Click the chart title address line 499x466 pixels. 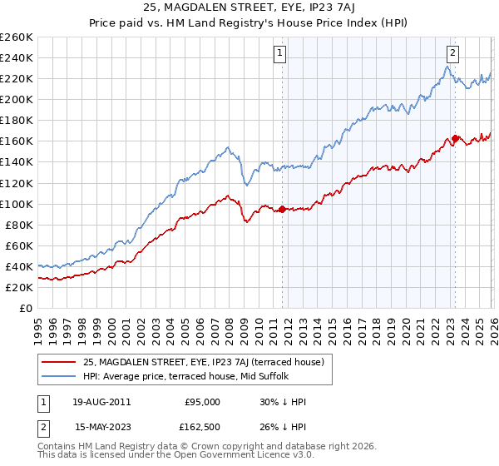[249, 9]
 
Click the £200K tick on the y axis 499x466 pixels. [17, 99]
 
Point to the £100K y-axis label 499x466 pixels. [17, 204]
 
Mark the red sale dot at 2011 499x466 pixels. [282, 209]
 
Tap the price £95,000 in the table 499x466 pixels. [202, 401]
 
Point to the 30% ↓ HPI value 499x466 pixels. [284, 401]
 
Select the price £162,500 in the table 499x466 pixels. [202, 428]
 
